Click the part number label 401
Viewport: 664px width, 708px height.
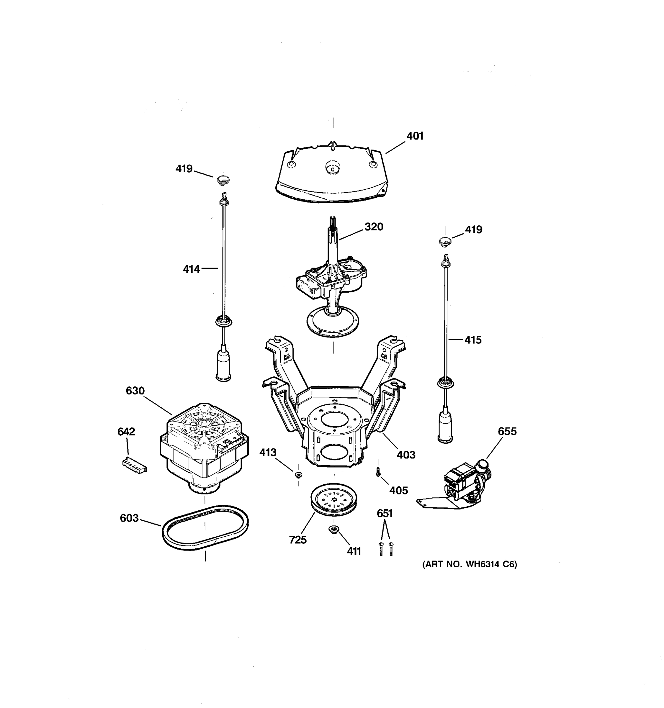(x=415, y=136)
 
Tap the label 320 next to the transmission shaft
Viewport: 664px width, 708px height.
(x=374, y=227)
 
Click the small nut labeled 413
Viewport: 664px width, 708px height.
(x=299, y=474)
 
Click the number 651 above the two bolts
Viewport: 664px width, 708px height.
(x=385, y=514)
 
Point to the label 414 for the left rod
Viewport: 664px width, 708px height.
(x=191, y=269)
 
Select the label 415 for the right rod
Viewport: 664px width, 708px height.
(x=473, y=340)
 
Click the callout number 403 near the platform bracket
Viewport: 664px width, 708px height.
(x=406, y=455)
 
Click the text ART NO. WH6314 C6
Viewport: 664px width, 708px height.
(x=470, y=564)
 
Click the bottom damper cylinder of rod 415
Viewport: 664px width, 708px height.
(x=445, y=427)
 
